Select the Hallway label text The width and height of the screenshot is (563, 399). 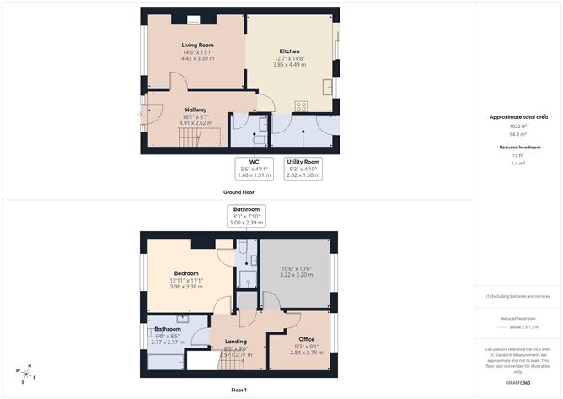196,109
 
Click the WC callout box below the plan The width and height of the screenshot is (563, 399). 253,169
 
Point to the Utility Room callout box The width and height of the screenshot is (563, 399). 303,169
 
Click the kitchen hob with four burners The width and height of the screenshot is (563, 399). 300,105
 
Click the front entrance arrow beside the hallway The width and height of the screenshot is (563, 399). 141,115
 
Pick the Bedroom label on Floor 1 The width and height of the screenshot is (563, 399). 186,273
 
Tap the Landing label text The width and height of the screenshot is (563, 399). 236,342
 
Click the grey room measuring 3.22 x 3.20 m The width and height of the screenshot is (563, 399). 295,272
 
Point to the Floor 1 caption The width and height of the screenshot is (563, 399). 239,391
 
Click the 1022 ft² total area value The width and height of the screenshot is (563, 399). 518,127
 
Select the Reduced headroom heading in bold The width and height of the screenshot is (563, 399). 518,146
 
